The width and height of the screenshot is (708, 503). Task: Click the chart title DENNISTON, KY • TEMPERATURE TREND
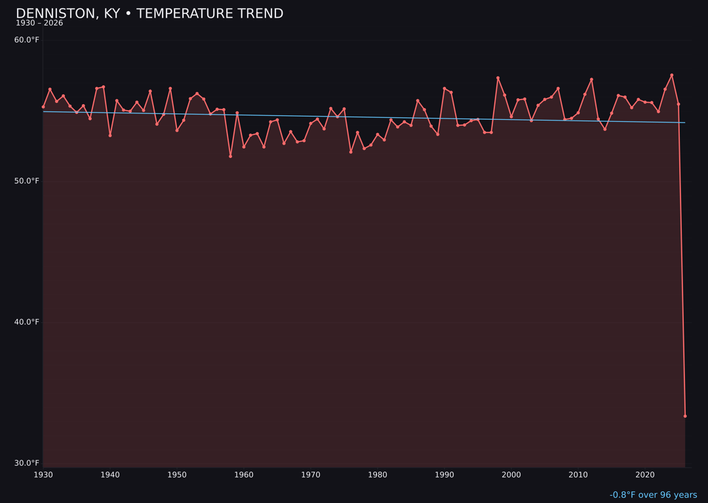click(x=149, y=14)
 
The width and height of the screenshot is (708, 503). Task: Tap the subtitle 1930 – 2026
click(x=39, y=24)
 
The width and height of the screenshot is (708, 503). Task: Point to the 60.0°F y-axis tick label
click(x=27, y=40)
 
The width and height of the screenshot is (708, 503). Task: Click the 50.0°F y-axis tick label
click(x=27, y=181)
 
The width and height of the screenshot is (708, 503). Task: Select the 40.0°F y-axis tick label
click(x=27, y=322)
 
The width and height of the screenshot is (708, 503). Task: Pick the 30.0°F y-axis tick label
click(x=27, y=463)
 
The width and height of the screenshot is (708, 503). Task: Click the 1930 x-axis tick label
click(x=43, y=475)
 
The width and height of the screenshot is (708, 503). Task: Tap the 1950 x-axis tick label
click(x=177, y=475)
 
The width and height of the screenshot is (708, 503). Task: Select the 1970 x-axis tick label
click(x=311, y=475)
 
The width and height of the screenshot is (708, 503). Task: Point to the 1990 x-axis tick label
click(x=444, y=475)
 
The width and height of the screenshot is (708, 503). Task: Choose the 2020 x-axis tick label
click(x=645, y=475)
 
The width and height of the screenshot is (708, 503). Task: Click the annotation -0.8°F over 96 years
click(x=653, y=495)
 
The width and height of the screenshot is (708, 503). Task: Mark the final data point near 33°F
click(x=685, y=416)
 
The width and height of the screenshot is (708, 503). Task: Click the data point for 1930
click(x=43, y=107)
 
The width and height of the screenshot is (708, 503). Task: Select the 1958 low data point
click(x=230, y=156)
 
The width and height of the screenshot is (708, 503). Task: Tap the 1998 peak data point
click(x=498, y=78)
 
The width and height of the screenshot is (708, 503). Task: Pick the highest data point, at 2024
click(x=671, y=75)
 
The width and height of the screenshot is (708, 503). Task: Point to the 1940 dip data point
click(x=110, y=135)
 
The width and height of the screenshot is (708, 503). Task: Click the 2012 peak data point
click(x=591, y=80)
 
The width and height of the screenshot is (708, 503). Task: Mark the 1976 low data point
click(x=351, y=152)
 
